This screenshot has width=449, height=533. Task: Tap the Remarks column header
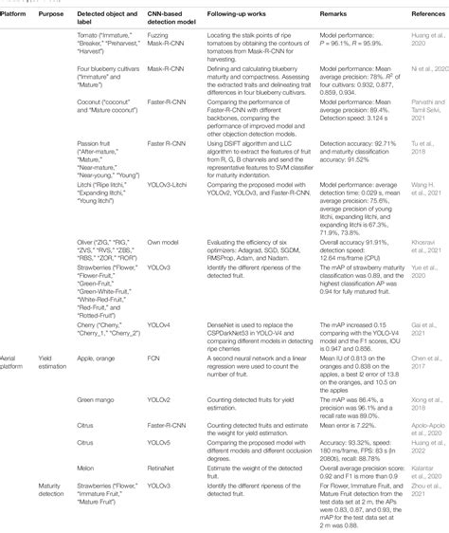pos(331,16)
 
